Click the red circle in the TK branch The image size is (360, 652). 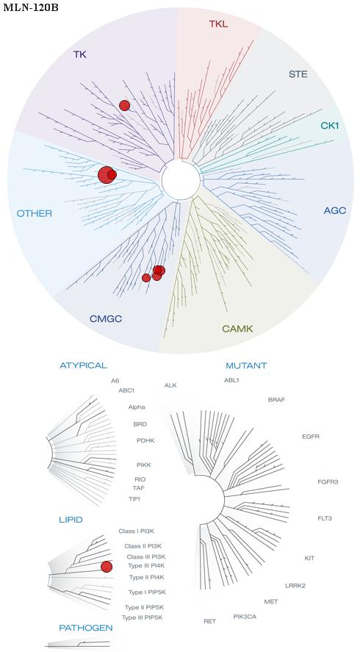point(124,106)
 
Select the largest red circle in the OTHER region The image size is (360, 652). point(106,175)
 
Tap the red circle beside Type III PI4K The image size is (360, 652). point(107,567)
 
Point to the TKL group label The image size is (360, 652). point(218,24)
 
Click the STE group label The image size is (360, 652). point(298,75)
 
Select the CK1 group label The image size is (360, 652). point(329,125)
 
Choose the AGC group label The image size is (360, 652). point(334,211)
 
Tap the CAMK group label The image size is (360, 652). point(237,329)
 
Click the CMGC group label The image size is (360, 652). point(106,319)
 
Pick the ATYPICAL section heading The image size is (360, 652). point(84,365)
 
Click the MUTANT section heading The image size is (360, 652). point(246,366)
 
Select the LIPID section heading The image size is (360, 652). point(71,520)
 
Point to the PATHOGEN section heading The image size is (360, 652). point(86,628)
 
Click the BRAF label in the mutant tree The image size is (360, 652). point(276,400)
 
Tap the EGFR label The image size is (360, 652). point(311,437)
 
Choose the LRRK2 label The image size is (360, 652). point(295,586)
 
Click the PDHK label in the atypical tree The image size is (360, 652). point(145,440)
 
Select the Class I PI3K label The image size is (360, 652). point(137,531)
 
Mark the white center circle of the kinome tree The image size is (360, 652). point(181,179)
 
